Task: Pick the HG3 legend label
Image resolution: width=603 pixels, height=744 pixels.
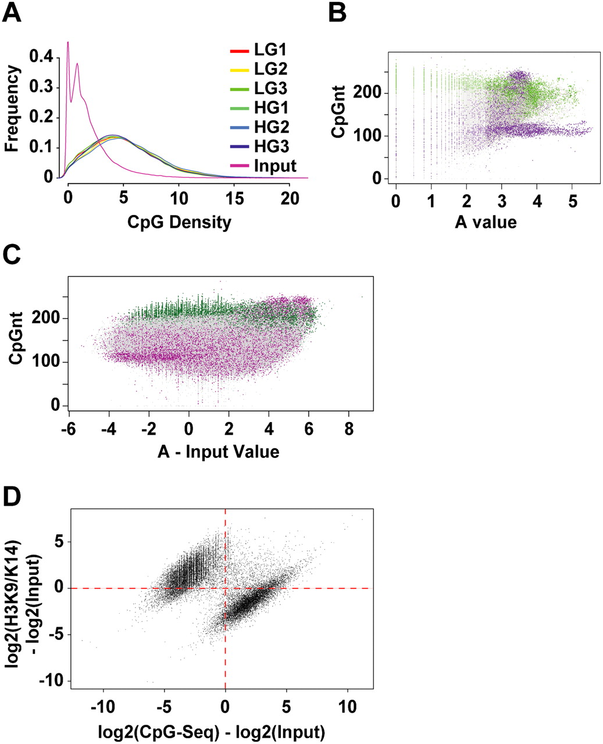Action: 271,146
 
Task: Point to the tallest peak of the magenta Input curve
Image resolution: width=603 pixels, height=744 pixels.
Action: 68,42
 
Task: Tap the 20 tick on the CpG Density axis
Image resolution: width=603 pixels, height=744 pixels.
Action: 289,198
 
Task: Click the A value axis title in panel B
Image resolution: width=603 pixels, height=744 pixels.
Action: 486,222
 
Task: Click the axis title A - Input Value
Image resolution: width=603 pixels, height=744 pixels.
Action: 218,451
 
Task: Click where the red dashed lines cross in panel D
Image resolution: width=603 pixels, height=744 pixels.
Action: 225,588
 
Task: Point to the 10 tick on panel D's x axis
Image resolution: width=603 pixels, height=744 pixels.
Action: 347,707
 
